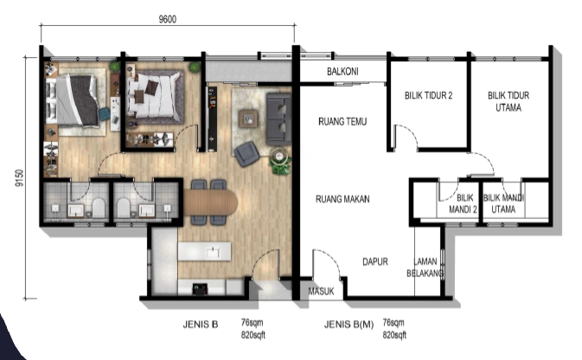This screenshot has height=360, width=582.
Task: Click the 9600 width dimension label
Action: tap(168, 19)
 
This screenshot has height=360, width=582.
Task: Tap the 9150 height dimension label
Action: tap(19, 178)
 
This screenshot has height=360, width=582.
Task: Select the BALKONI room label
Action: tap(342, 71)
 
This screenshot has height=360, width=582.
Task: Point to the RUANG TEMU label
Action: tap(342, 121)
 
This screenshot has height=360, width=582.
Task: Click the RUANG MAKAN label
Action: tap(342, 199)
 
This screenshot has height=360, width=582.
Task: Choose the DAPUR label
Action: tap(375, 261)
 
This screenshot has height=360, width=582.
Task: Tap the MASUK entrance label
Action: tap(321, 292)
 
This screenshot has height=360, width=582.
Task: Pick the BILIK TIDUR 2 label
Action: tap(428, 95)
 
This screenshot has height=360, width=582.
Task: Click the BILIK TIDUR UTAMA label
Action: tap(508, 101)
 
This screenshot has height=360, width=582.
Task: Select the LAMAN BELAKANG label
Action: tap(425, 267)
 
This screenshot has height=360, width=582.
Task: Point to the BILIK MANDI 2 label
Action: tap(464, 203)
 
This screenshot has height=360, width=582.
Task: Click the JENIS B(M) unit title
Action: tap(349, 325)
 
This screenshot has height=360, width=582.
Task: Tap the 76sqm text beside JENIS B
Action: tap(252, 323)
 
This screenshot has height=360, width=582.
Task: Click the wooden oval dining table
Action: tap(210, 202)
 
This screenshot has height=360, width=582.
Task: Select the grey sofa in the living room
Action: tap(278, 119)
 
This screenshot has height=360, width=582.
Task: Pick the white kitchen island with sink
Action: tap(204, 252)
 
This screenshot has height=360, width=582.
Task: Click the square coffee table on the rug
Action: tap(248, 119)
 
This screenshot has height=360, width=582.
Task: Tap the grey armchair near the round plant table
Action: tap(246, 154)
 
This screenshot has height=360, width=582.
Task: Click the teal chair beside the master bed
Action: tap(104, 113)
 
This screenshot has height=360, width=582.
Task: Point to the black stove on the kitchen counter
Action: tap(200, 289)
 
